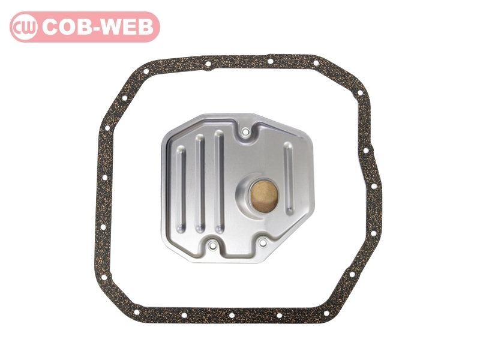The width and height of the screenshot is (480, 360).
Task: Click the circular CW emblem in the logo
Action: (25, 27)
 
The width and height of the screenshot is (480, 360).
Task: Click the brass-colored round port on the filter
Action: (264, 196)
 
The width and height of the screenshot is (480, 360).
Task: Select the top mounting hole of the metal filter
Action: (245, 132)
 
